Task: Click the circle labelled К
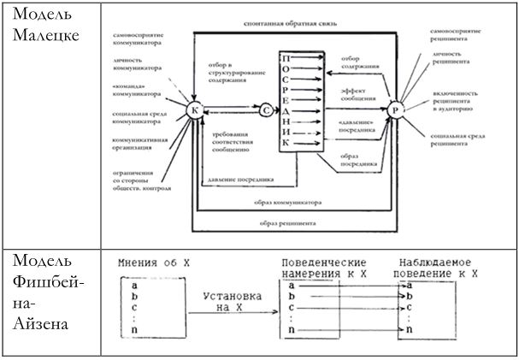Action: tap(194, 110)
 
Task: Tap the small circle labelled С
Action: tap(266, 109)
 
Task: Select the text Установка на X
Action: tap(231, 302)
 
